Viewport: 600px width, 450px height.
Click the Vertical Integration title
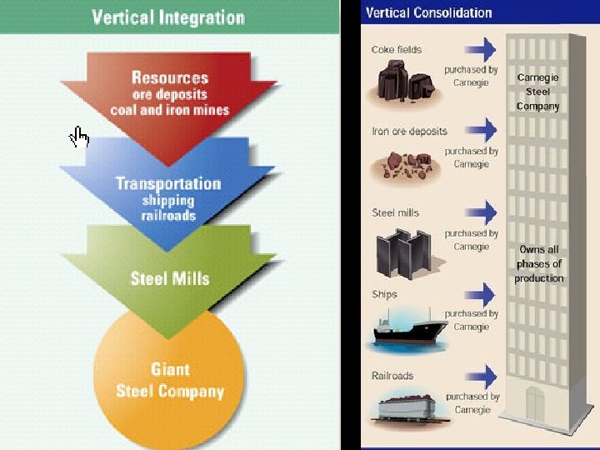167,17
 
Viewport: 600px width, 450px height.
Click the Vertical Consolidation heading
429,12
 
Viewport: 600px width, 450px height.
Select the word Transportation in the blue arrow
167,183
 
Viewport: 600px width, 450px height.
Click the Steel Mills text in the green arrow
169,278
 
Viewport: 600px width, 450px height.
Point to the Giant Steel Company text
170,380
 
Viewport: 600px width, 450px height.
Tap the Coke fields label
397,50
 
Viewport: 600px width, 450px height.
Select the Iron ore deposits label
409,132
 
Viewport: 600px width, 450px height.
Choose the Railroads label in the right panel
392,376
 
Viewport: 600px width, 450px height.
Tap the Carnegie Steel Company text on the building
537,92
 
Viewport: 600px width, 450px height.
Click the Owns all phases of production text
538,263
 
